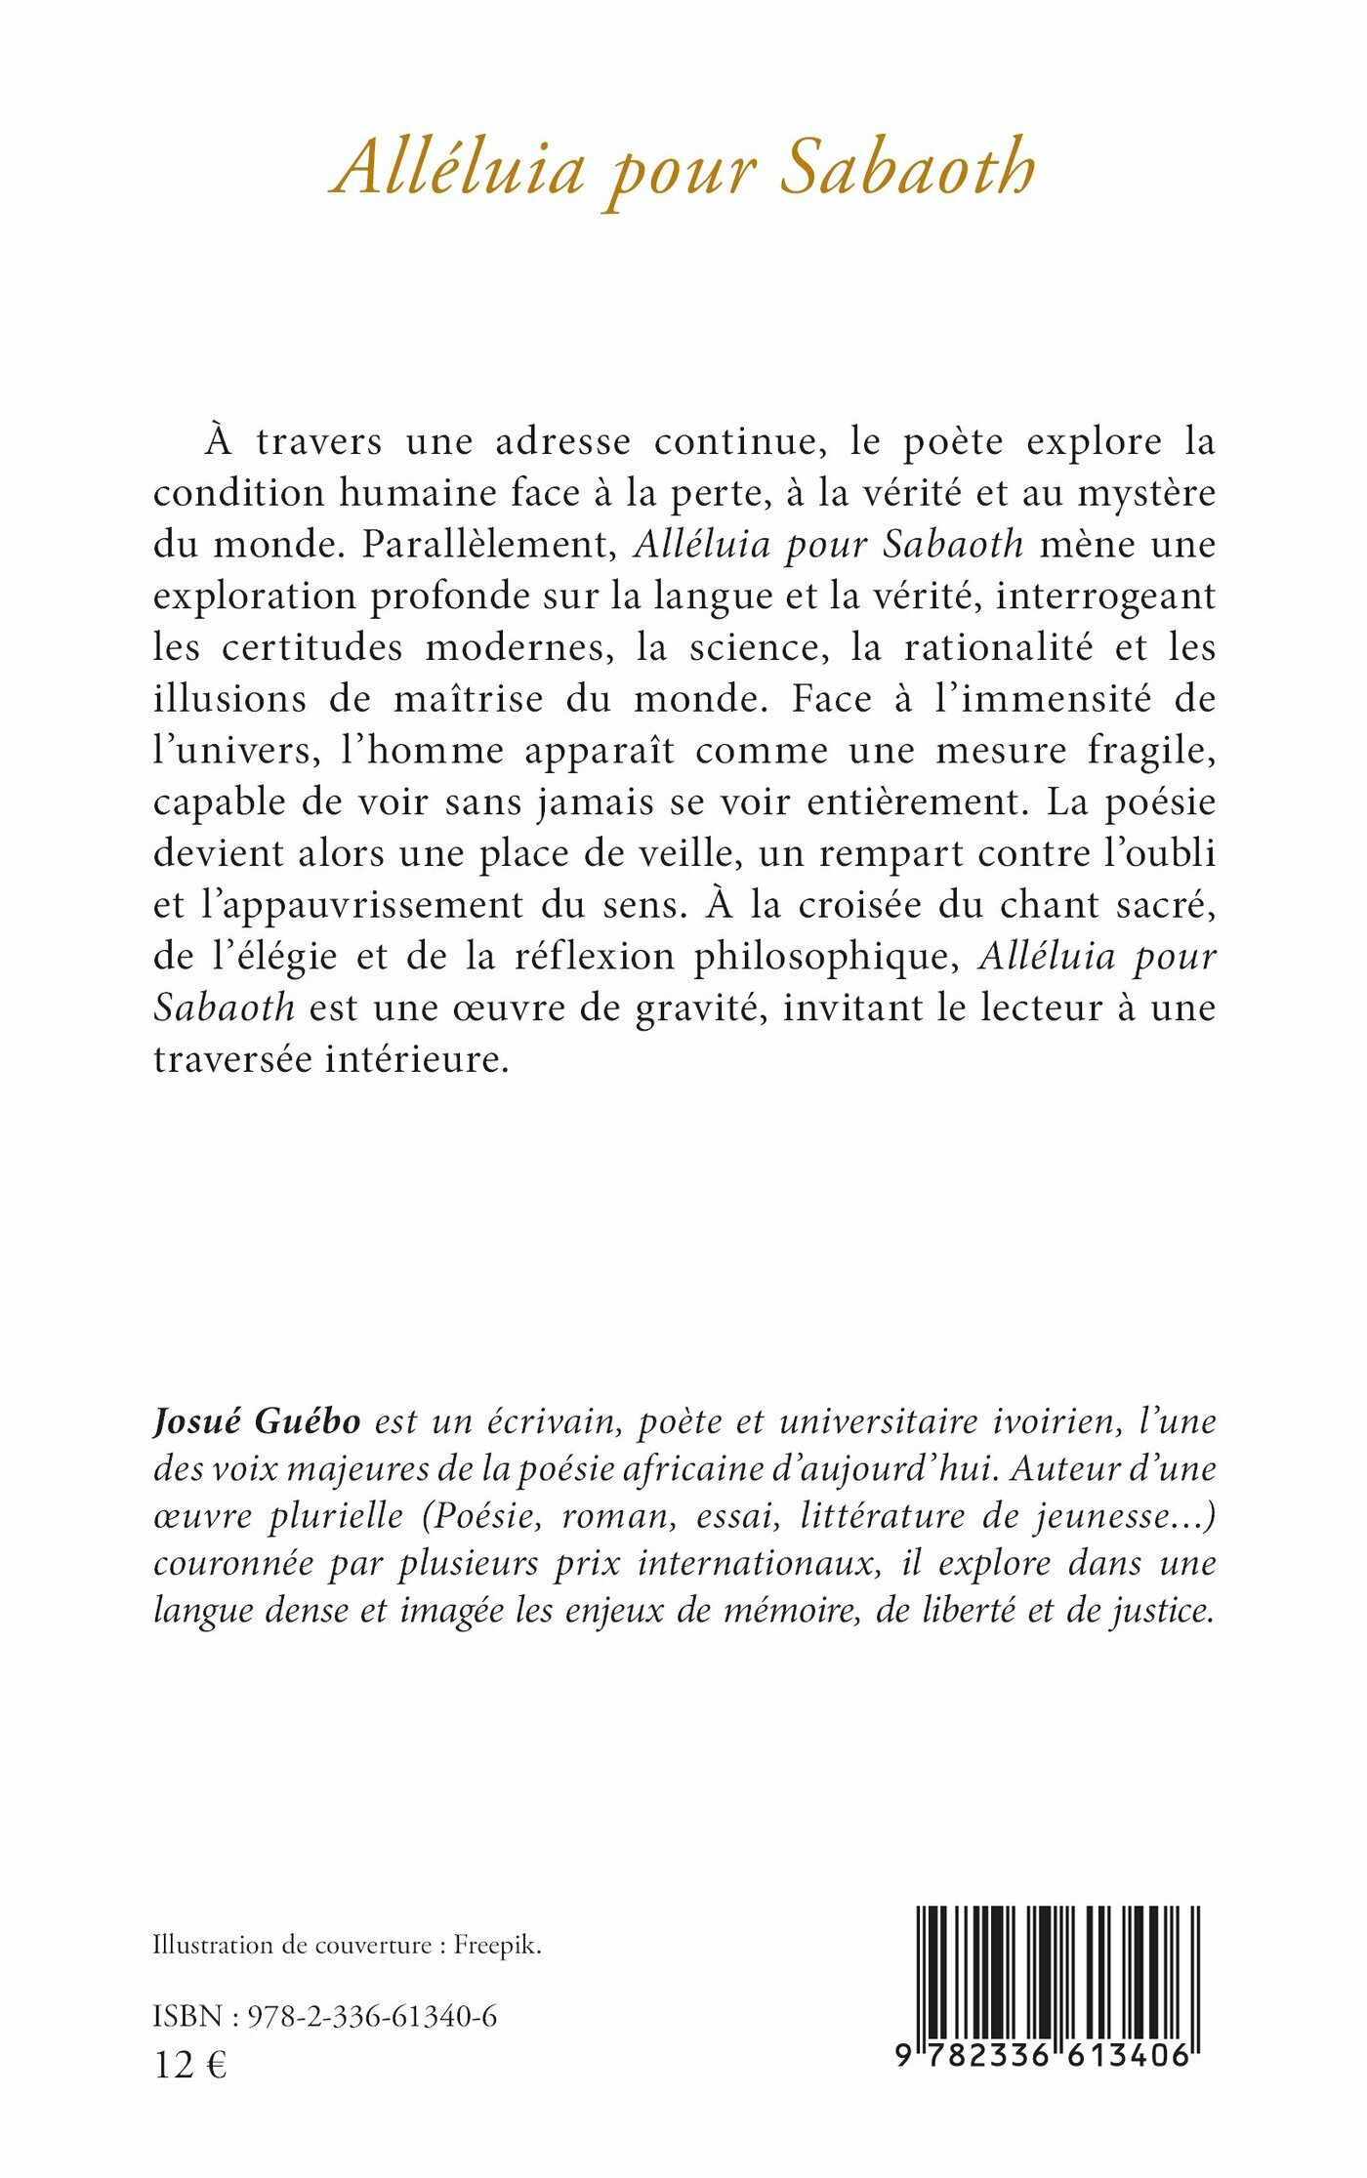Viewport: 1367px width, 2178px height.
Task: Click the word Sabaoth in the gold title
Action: click(x=908, y=168)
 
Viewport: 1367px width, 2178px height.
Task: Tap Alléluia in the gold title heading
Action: click(x=459, y=168)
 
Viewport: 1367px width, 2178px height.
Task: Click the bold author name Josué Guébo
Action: click(x=257, y=1421)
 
